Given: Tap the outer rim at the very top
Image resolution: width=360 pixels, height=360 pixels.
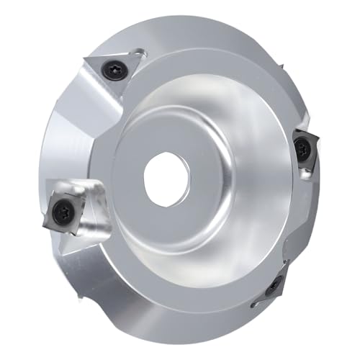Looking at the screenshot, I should pos(187,25).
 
